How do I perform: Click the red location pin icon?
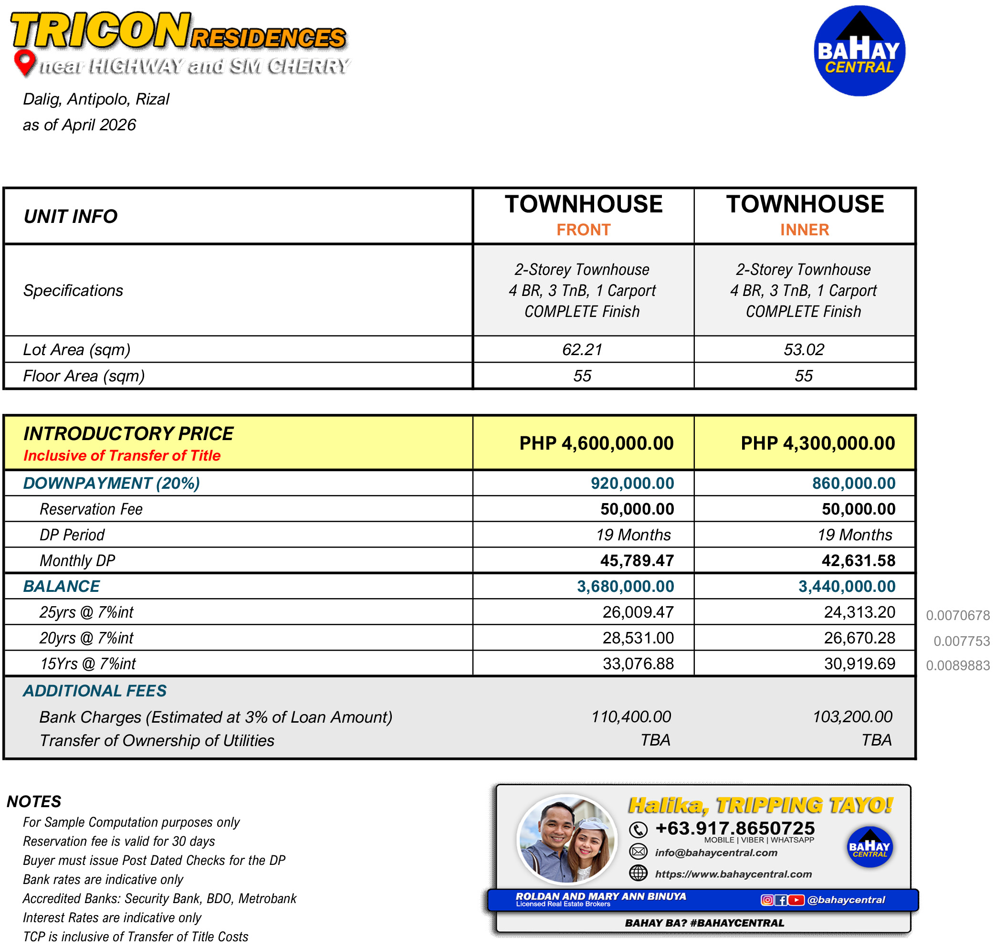[x=24, y=62]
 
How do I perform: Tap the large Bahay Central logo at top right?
[x=859, y=51]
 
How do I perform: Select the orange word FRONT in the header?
[x=584, y=230]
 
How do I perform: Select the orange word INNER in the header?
[x=805, y=230]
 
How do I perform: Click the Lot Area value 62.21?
[x=582, y=349]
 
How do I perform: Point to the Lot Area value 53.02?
[x=804, y=349]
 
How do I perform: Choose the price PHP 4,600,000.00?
[x=597, y=443]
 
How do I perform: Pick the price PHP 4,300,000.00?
[x=818, y=443]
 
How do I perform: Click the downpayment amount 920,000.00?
[x=632, y=484]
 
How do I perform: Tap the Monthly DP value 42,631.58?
[x=858, y=561]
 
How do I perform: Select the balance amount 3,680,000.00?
[x=626, y=586]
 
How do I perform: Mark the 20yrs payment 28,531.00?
[x=638, y=638]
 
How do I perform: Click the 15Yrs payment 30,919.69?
[x=860, y=663]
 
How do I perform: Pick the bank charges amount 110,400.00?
[x=631, y=717]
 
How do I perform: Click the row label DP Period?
[x=72, y=535]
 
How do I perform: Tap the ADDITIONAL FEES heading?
[x=94, y=691]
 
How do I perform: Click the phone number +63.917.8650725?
[x=735, y=829]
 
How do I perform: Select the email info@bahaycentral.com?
[x=716, y=853]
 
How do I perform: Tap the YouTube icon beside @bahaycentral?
[x=796, y=900]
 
